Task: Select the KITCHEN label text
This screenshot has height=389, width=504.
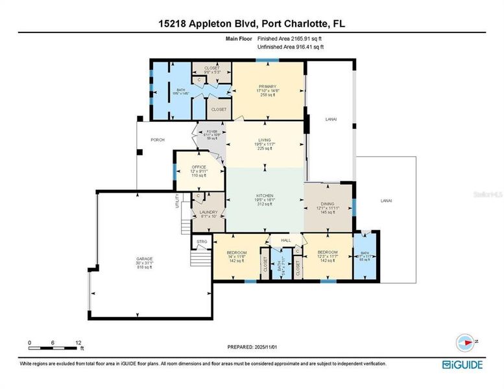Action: coord(264,195)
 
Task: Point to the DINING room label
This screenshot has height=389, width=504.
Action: coord(328,203)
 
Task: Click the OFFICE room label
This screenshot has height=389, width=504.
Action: coord(198,167)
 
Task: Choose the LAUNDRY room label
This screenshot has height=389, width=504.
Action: coord(208,212)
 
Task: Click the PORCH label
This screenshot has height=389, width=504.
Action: coord(158,139)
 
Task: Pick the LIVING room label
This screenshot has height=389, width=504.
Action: coord(264,138)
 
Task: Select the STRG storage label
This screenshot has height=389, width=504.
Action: coord(201,242)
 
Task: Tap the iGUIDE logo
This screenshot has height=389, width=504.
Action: coord(462,364)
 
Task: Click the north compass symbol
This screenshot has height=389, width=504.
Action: coord(464,342)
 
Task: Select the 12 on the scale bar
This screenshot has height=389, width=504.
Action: coord(78,342)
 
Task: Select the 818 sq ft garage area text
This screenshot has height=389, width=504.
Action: coord(144,266)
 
